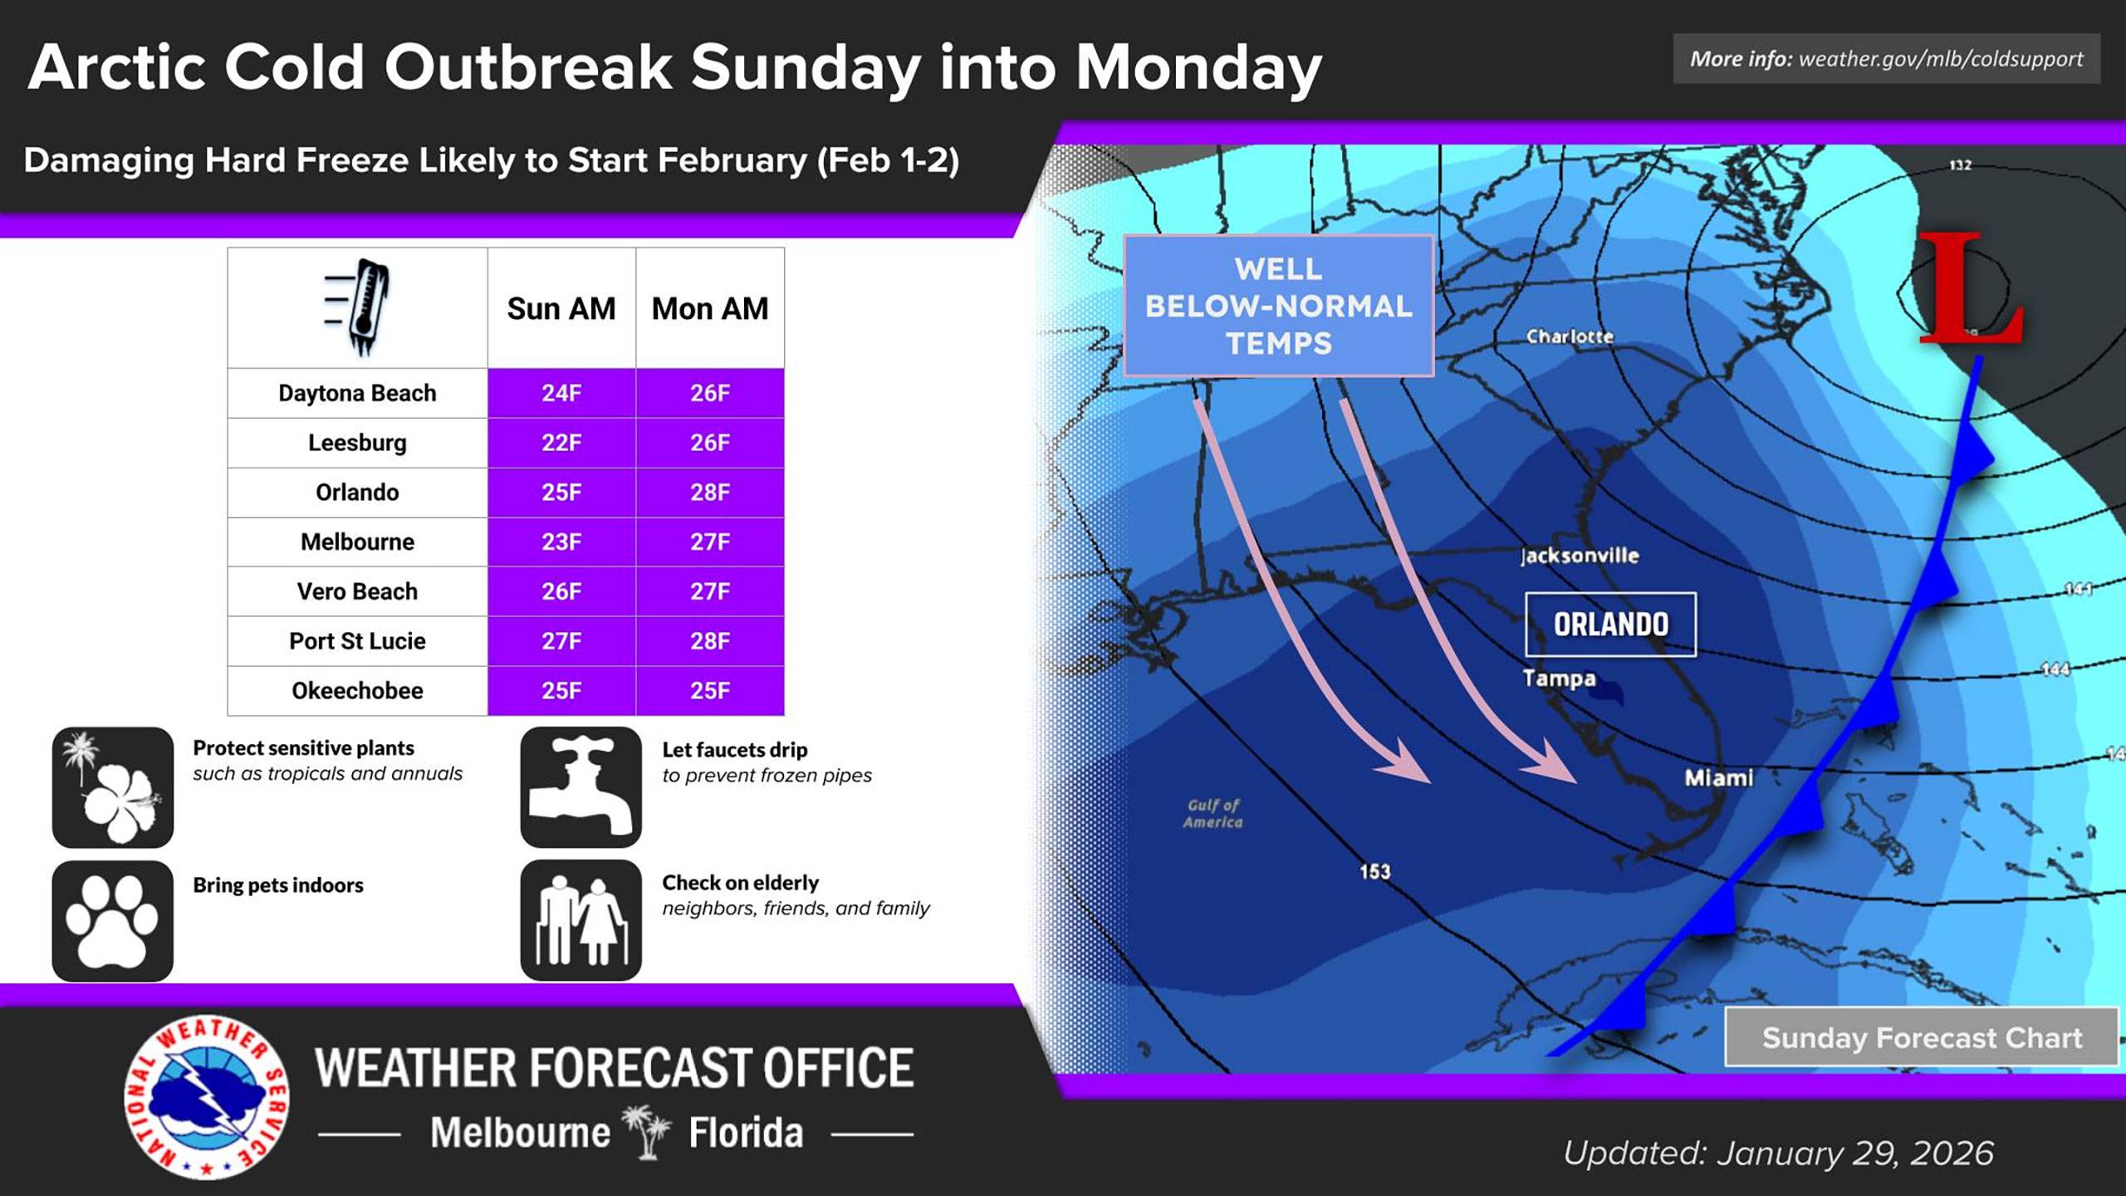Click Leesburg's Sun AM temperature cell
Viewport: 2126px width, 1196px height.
(x=561, y=443)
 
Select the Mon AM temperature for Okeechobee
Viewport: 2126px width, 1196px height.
(x=709, y=690)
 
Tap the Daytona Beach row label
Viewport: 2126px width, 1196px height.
(x=357, y=393)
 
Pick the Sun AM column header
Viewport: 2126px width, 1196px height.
(x=561, y=309)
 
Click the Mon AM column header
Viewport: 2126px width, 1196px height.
(x=709, y=309)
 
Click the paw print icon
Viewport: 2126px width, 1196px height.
(x=113, y=920)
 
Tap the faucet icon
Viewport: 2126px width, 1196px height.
(x=581, y=787)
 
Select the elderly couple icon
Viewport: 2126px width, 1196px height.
(x=581, y=920)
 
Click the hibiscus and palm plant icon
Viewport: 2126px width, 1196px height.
(x=113, y=787)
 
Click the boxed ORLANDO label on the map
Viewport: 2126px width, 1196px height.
(x=1610, y=625)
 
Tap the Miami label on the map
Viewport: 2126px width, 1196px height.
(x=1718, y=778)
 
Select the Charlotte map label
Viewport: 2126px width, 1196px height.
(x=1570, y=336)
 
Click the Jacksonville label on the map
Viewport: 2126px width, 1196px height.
(x=1580, y=556)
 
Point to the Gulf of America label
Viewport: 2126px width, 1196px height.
(x=1213, y=813)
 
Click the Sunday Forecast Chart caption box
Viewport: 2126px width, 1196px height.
(x=1922, y=1037)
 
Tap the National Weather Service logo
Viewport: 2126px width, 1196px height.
(x=207, y=1096)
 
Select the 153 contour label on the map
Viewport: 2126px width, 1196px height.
(x=1374, y=871)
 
